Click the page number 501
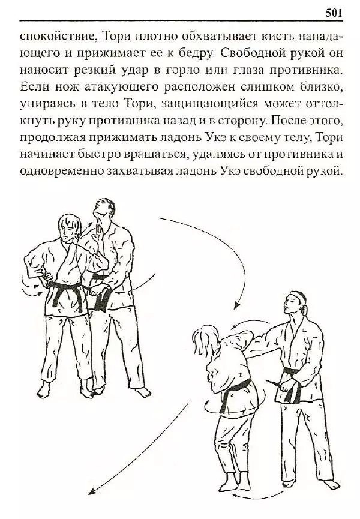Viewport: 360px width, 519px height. click(334, 12)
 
